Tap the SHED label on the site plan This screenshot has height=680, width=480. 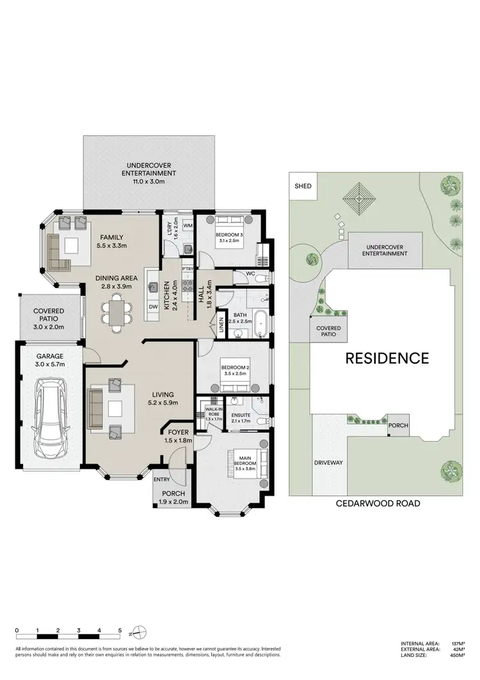(x=302, y=186)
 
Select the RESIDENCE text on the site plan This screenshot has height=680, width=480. (x=387, y=358)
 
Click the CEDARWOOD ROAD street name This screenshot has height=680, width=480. (x=378, y=503)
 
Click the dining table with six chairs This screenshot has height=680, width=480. (x=117, y=313)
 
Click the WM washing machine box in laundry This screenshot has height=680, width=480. (x=188, y=225)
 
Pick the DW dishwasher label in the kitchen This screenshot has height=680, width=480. (x=153, y=307)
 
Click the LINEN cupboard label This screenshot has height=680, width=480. (x=221, y=325)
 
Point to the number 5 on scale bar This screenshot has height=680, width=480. (x=120, y=631)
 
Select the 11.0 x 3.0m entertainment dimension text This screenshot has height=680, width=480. (x=150, y=181)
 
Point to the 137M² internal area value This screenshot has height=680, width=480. (x=457, y=644)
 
